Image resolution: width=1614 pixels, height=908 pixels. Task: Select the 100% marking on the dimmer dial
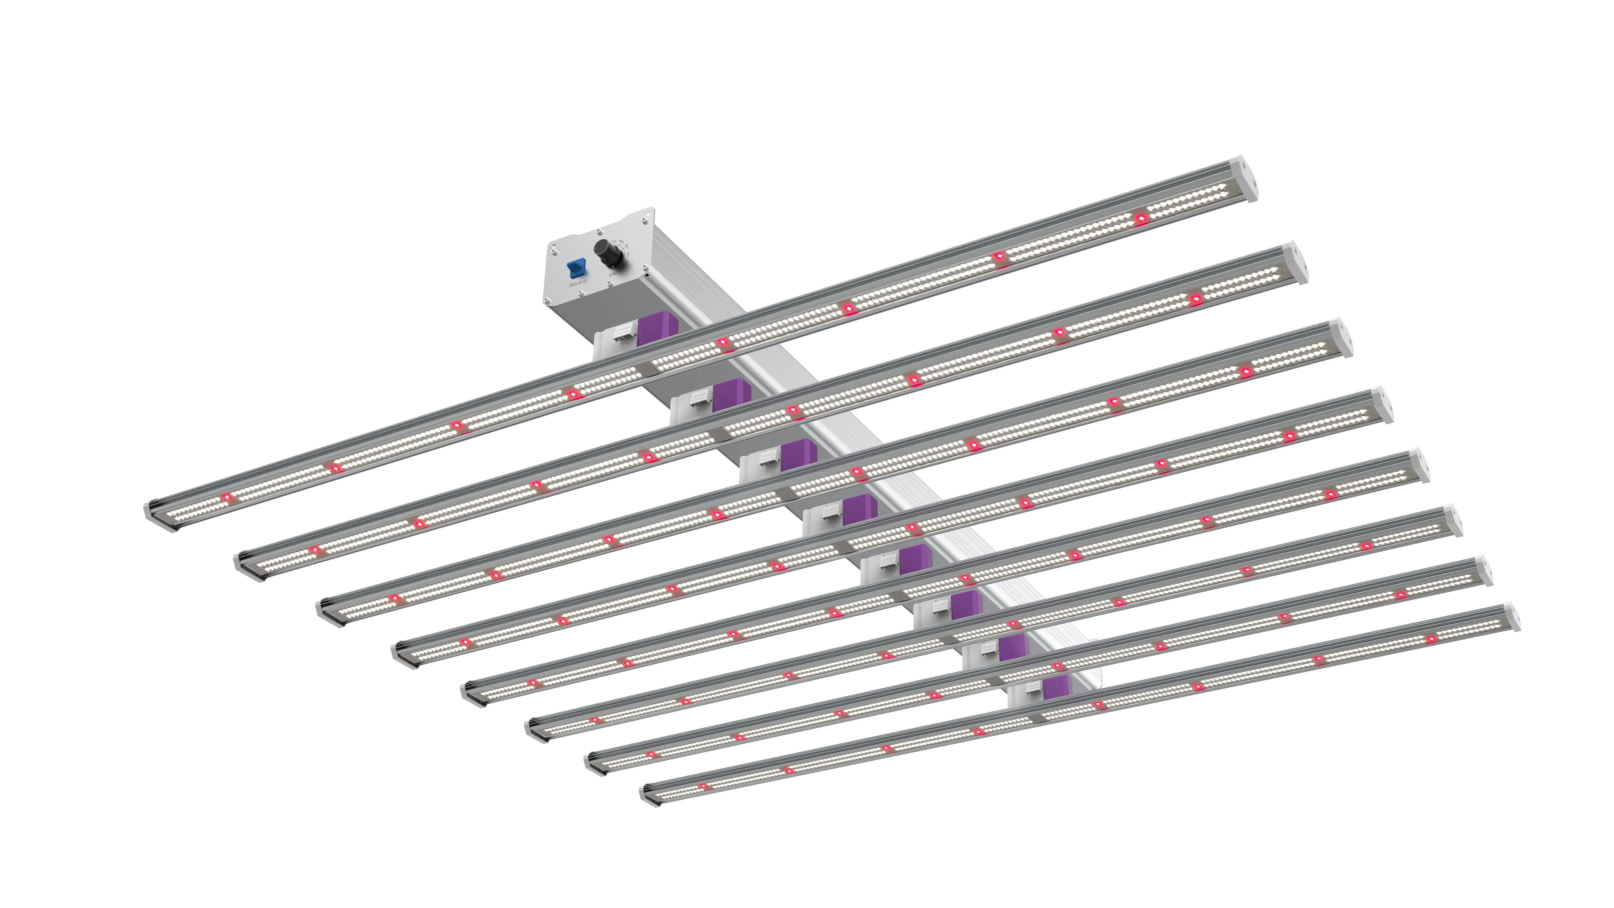point(621,242)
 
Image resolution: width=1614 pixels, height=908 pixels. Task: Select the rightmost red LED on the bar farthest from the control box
point(1430,639)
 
